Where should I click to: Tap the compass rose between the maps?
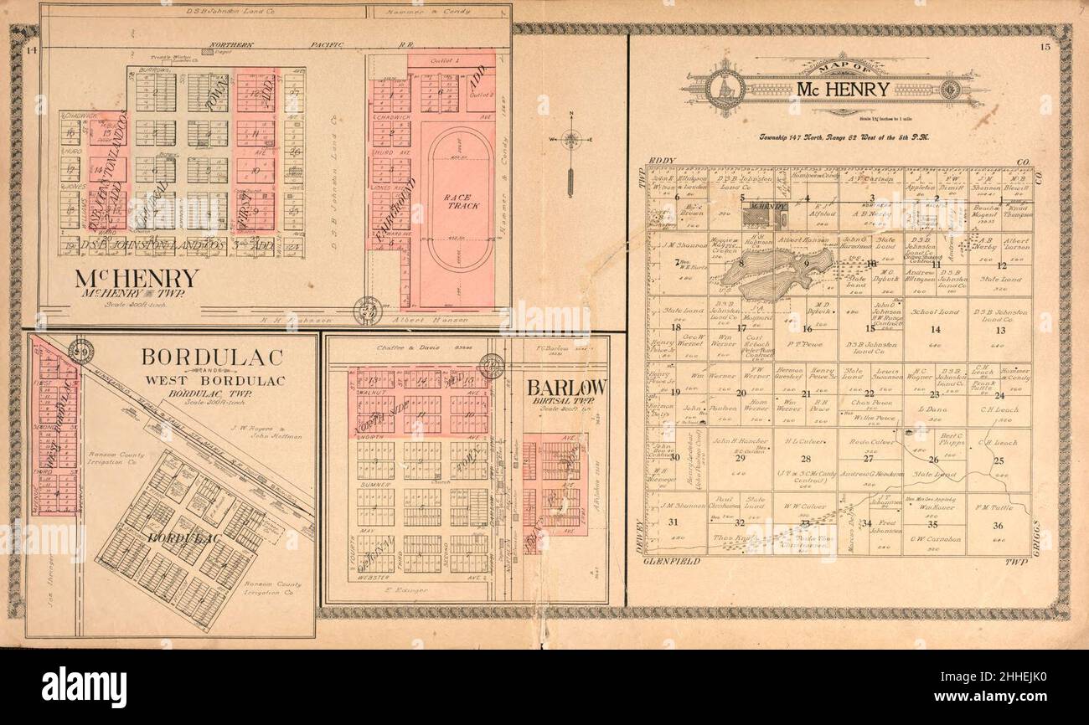570,140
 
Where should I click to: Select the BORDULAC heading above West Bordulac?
212,356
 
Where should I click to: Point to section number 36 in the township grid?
998,525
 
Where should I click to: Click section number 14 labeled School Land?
936,329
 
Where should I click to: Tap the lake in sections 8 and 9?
779,272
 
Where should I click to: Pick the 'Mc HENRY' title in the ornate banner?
831,89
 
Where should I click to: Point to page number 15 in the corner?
1045,48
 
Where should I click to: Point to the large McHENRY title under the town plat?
137,278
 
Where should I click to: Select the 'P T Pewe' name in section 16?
805,343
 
